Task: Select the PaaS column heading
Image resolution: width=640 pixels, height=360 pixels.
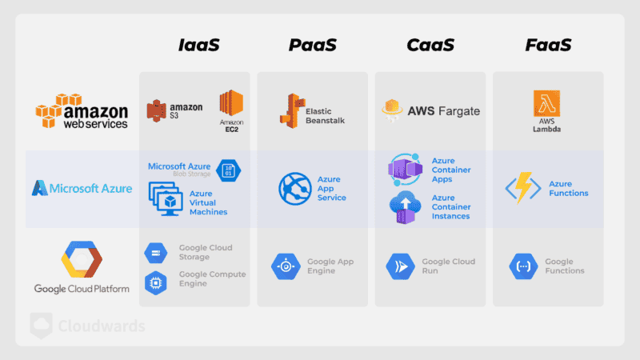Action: [x=313, y=45]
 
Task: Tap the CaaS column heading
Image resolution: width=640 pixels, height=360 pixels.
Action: [x=430, y=45]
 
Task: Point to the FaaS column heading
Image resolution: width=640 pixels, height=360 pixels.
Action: [x=548, y=45]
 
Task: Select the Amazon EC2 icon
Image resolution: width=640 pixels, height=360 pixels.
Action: [x=230, y=106]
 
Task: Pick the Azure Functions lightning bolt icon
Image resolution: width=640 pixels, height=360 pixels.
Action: [x=523, y=189]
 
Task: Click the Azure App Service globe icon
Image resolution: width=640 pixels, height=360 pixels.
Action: [x=294, y=189]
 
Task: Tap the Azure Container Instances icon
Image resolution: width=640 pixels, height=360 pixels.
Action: [x=404, y=207]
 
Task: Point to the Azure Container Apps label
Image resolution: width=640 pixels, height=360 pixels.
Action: [x=451, y=170]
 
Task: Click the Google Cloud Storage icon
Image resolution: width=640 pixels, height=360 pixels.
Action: [x=155, y=253]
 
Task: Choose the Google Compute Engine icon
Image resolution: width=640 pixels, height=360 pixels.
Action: [x=155, y=281]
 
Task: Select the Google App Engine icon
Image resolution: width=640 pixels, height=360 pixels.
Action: [x=286, y=266]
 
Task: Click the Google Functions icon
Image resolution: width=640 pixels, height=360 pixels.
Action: [x=523, y=266]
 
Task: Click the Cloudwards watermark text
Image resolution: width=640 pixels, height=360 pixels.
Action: [x=101, y=326]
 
